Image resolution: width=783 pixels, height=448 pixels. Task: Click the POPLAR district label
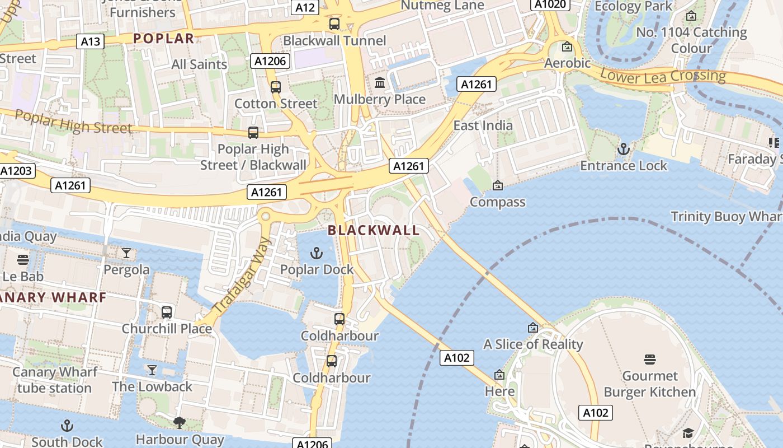click(164, 39)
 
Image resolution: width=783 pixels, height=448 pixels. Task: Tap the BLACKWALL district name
click(374, 230)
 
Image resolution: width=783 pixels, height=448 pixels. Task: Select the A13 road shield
click(90, 41)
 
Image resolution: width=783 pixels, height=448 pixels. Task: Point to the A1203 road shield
click(17, 171)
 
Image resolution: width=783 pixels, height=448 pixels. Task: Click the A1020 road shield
click(550, 4)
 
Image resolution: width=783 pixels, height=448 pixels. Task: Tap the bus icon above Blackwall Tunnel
click(334, 24)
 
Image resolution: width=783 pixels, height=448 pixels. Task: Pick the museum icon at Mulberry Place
click(380, 83)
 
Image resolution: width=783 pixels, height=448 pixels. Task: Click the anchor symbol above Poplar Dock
click(317, 253)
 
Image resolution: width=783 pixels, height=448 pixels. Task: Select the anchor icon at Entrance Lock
click(623, 149)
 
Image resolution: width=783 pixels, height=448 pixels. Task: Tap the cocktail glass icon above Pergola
click(126, 254)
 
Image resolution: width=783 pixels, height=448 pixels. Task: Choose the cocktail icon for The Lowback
click(152, 370)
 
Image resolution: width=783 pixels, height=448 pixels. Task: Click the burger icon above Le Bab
click(23, 260)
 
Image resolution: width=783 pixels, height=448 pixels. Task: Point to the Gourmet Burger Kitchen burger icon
click(649, 360)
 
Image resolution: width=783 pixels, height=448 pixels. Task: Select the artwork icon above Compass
click(497, 185)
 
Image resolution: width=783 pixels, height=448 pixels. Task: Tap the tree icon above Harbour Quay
click(180, 422)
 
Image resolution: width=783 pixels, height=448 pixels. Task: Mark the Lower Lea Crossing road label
click(663, 76)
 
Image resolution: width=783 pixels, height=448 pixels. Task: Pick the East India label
click(483, 125)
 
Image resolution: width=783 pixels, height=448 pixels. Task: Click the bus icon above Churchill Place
click(167, 312)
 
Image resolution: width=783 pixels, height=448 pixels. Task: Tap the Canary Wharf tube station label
click(55, 380)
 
